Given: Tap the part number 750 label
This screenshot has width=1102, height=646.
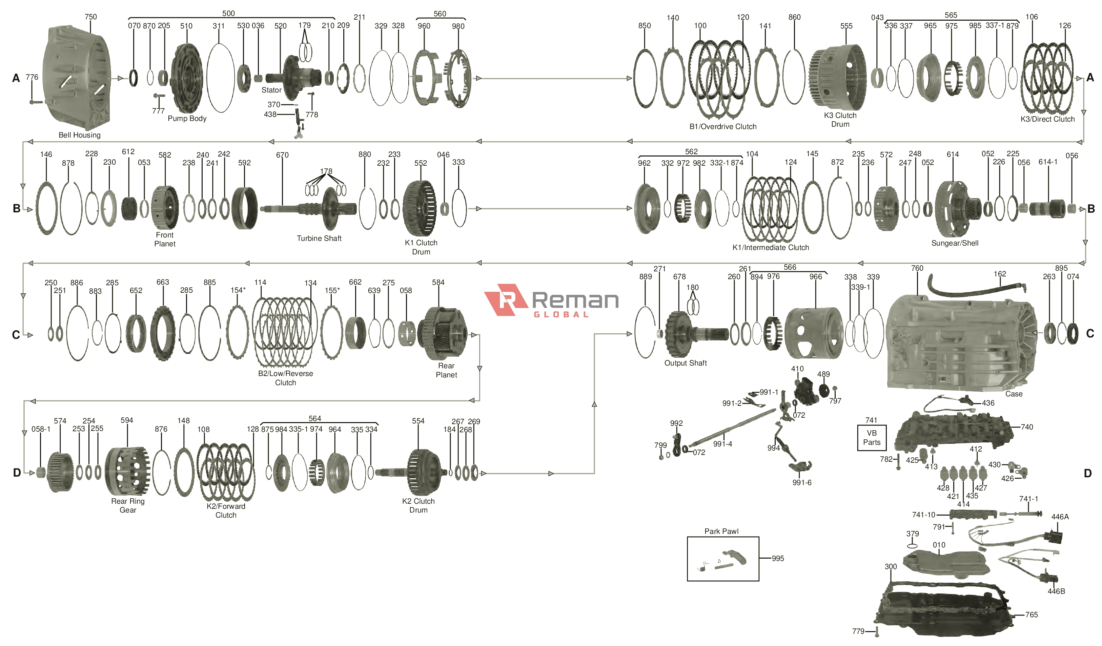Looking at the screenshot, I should pyautogui.click(x=90, y=17).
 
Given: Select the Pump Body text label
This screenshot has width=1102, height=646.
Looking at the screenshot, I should pyautogui.click(x=187, y=119).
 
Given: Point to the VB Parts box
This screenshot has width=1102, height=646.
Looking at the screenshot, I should pyautogui.click(x=871, y=438).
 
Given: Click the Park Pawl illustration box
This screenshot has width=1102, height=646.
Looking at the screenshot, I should pyautogui.click(x=722, y=559).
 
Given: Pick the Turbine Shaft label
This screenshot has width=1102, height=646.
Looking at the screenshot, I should pyautogui.click(x=319, y=238).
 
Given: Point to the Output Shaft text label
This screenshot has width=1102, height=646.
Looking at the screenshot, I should pyautogui.click(x=685, y=363).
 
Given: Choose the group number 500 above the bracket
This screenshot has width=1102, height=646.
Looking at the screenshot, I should pyautogui.click(x=228, y=14).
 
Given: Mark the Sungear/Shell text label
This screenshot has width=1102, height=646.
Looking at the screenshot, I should pyautogui.click(x=955, y=243).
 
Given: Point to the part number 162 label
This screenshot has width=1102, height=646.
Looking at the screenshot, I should pyautogui.click(x=1000, y=274).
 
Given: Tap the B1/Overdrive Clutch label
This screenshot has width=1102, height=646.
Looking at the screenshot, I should pyautogui.click(x=723, y=127).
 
